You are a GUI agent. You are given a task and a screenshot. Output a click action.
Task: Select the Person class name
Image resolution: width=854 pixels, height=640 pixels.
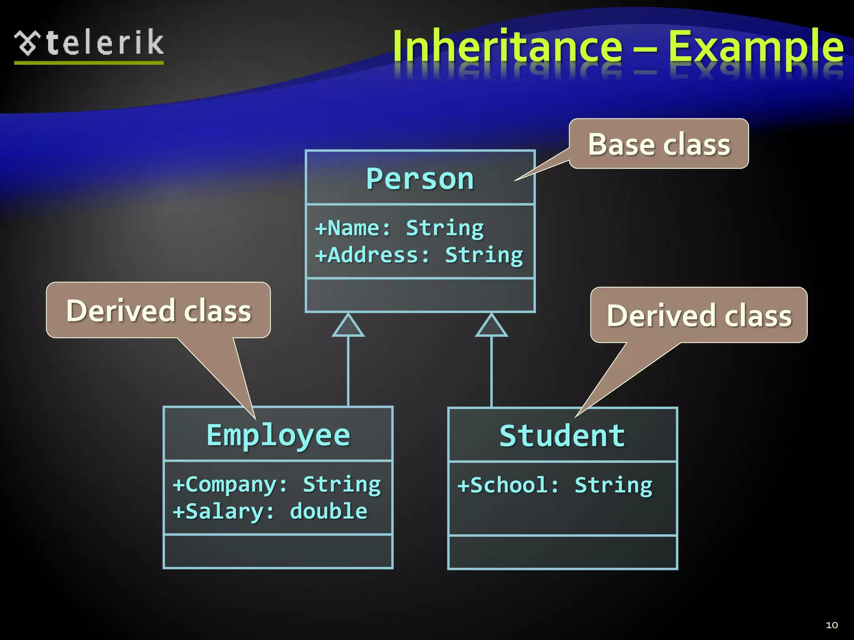(x=420, y=179)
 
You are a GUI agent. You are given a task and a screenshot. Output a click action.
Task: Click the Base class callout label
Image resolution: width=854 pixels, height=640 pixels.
(x=659, y=144)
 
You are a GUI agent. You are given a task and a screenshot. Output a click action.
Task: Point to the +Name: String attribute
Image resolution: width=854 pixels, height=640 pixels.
(x=399, y=228)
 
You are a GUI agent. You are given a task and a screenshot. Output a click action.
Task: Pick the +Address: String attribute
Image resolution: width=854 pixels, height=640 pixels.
(x=419, y=255)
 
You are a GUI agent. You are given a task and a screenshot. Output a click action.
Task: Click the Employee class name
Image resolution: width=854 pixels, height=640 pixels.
(x=278, y=435)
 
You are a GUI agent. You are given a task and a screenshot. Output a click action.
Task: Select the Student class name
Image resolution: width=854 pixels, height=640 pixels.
(x=562, y=436)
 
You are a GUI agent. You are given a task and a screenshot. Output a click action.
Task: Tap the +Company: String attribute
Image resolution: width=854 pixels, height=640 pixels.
(x=276, y=485)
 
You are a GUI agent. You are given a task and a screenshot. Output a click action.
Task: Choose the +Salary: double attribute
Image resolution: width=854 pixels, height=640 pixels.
(x=270, y=511)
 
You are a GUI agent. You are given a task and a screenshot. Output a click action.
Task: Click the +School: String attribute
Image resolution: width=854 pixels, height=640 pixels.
(x=555, y=485)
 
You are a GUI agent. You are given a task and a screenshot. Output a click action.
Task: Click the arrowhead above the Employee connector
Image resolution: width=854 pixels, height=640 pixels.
(x=348, y=326)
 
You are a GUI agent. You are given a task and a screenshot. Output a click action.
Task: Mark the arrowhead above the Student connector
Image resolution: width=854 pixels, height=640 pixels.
(x=492, y=326)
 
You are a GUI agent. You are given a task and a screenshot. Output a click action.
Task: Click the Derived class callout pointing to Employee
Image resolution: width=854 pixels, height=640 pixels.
(x=158, y=310)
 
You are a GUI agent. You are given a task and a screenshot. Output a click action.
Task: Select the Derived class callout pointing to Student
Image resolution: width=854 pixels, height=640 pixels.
(x=699, y=315)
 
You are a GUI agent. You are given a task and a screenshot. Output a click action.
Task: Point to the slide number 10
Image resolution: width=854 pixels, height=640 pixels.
(x=831, y=625)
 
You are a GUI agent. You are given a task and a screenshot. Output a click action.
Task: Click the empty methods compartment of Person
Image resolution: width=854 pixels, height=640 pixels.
(x=420, y=295)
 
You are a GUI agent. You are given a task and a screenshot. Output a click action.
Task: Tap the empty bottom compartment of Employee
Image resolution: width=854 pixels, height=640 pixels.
(x=278, y=551)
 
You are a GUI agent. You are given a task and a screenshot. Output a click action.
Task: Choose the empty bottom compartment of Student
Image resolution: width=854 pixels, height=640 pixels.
(x=562, y=552)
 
